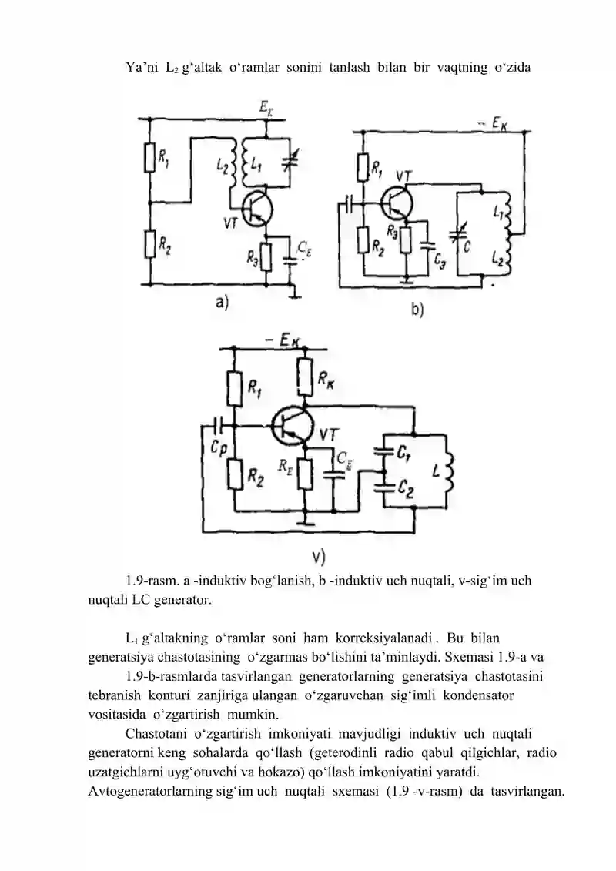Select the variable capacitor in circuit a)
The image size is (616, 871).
pyautogui.click(x=290, y=158)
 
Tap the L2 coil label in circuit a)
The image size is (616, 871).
pyautogui.click(x=222, y=165)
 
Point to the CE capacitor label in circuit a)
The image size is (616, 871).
pyautogui.click(x=304, y=248)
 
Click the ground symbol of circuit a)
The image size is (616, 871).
pyautogui.click(x=293, y=293)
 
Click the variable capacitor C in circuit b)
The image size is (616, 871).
pyautogui.click(x=457, y=233)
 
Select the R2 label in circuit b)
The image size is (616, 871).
pyautogui.click(x=378, y=245)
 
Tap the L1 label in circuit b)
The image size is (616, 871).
pyautogui.click(x=497, y=213)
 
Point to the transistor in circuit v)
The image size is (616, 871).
pyautogui.click(x=291, y=426)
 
